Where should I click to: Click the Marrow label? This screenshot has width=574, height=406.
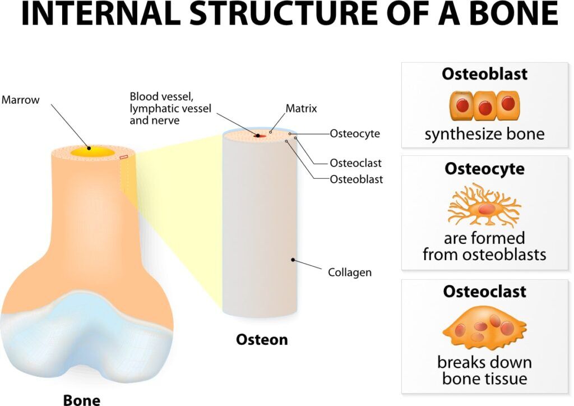click(21, 100)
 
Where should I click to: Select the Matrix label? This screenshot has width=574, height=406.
click(301, 108)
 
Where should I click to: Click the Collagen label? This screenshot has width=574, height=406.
click(350, 273)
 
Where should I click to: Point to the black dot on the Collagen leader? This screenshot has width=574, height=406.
click(293, 260)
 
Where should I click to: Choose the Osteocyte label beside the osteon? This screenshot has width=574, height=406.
click(355, 133)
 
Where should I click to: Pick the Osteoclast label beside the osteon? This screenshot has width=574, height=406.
click(355, 163)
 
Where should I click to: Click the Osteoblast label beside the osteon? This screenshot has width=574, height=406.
click(356, 179)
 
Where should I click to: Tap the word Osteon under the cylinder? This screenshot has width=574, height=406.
click(262, 339)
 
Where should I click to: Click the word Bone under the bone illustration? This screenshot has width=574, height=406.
click(82, 399)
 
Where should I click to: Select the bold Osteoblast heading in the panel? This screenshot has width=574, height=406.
click(484, 73)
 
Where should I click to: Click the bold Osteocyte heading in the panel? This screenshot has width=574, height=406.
click(484, 169)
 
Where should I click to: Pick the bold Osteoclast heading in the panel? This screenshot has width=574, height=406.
click(484, 292)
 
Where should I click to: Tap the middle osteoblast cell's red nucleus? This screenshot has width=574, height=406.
click(485, 108)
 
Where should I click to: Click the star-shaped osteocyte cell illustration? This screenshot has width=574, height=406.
click(484, 206)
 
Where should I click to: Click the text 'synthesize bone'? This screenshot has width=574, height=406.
click(484, 135)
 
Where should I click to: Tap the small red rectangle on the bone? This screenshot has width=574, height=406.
click(124, 158)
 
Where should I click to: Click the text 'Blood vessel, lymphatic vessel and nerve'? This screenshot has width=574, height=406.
click(170, 108)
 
